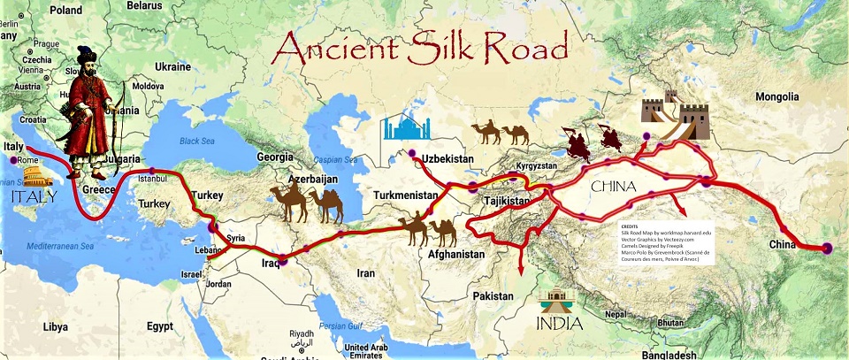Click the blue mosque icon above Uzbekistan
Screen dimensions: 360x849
click(x=405, y=129)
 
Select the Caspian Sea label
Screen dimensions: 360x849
click(x=333, y=159)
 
